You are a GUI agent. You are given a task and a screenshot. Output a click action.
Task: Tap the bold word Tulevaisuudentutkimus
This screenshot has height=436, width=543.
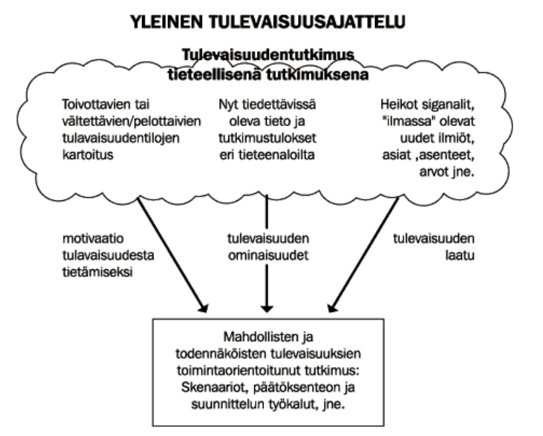pos(268,54)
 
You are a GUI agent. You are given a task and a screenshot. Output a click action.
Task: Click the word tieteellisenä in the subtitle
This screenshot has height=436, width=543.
pos(214,74)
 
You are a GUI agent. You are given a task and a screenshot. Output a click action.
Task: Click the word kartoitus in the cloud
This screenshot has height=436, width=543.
pos(88,155)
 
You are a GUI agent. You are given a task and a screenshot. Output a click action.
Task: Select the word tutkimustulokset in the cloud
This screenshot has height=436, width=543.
pos(268,138)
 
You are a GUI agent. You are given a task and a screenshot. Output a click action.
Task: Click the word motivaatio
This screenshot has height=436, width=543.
pos(93,239)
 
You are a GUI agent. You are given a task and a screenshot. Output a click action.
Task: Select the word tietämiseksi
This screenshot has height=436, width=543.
pos(98,272)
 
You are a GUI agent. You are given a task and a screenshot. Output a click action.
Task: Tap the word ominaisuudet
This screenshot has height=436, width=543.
pos(268,255)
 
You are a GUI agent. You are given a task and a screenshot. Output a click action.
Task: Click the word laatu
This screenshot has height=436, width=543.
pos(460,255)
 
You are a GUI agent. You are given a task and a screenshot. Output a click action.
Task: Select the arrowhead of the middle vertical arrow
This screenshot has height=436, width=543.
pos(267,308)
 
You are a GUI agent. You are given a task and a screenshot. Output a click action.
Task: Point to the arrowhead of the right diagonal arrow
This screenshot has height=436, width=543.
pos(333,307)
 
